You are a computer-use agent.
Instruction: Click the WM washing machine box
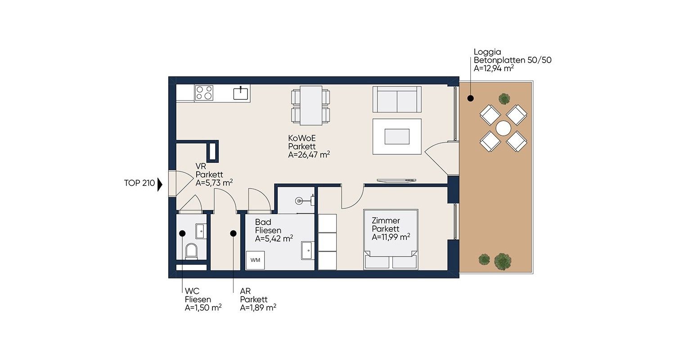(255, 260)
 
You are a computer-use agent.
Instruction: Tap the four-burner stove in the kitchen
(204, 93)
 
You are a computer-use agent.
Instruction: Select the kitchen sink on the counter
(241, 93)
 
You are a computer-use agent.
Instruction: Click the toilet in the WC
(191, 251)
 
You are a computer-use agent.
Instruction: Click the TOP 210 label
(139, 183)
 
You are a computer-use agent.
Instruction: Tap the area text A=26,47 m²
(309, 155)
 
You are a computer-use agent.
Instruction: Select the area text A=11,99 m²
(391, 237)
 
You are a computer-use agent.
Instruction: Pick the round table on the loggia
(503, 128)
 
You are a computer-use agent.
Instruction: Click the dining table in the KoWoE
(310, 105)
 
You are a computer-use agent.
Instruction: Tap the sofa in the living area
(397, 99)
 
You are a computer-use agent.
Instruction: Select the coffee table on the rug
(397, 136)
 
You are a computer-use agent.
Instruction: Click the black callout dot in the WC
(182, 234)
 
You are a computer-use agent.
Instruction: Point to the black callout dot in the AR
(233, 234)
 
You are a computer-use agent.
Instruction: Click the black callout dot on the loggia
(470, 98)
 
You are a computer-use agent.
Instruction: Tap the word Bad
(263, 222)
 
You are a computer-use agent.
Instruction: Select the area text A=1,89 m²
(258, 308)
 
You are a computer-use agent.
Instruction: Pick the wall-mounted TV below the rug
(396, 180)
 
